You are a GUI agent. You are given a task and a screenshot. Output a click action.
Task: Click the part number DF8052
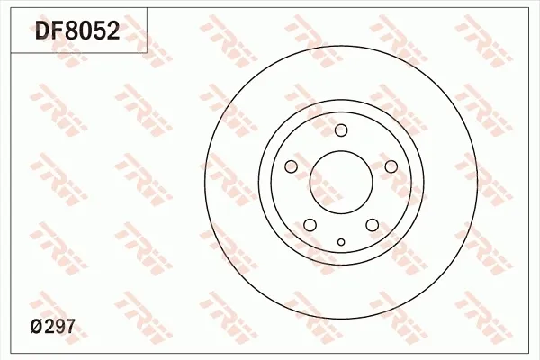[77, 32]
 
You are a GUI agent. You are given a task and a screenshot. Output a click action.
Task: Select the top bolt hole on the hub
[341, 130]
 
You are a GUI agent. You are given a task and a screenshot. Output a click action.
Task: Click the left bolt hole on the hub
[291, 166]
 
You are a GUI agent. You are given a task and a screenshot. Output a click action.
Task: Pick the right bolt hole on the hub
[391, 166]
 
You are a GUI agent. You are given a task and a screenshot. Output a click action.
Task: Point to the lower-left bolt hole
[310, 225]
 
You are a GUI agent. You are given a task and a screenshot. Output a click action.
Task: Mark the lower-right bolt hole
[373, 225]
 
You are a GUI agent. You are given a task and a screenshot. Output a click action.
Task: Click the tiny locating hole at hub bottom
[341, 241]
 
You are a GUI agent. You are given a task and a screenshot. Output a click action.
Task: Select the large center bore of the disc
[341, 184]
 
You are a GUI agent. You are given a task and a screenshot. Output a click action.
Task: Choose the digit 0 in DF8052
[87, 32]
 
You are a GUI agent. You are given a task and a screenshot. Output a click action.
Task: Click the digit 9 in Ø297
[60, 330]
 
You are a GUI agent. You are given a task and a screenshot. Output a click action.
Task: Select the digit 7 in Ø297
[70, 330]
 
